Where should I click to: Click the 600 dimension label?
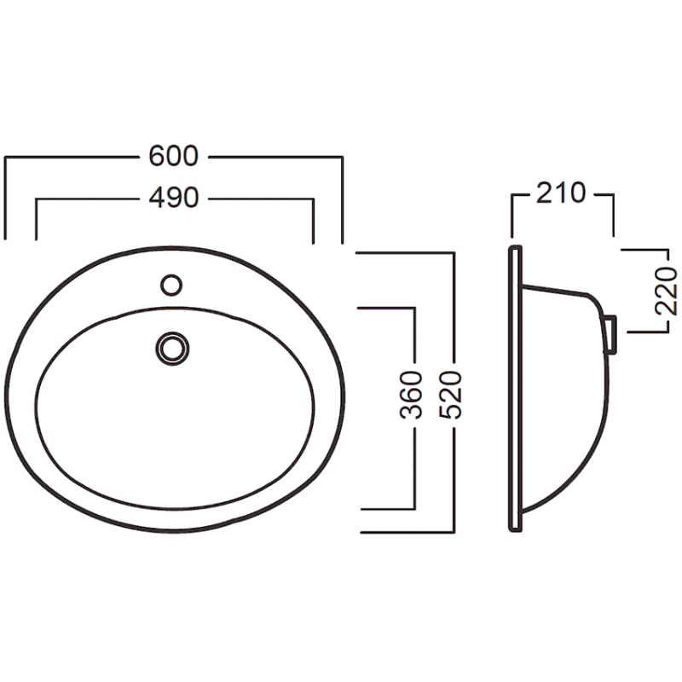coord(174,156)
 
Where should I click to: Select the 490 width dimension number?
coord(174,198)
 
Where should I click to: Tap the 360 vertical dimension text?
coord(411,395)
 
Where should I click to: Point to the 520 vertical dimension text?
coord(450,395)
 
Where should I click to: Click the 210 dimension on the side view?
coord(561,194)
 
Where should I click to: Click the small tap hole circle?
coord(171,286)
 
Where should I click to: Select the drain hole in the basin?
coord(173,349)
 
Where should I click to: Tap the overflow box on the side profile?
coord(610,334)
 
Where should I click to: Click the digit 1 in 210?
coord(561,194)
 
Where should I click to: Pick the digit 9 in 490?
coord(174,198)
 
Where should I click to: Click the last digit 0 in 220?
coord(666,275)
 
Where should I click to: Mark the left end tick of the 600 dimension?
coord(5,199)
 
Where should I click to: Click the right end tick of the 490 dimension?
coord(313,221)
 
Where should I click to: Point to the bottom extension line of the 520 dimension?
coord(407,532)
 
